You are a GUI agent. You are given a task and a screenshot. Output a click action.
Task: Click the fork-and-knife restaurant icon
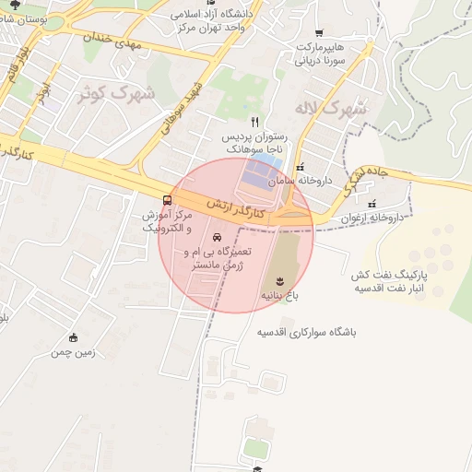(255, 121)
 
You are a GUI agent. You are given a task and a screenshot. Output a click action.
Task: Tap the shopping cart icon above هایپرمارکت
(319, 32)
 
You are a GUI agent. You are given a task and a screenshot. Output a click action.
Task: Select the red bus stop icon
(167, 200)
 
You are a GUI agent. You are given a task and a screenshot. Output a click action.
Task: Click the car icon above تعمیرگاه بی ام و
(218, 237)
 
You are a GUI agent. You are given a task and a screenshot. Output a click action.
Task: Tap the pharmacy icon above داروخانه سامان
(300, 166)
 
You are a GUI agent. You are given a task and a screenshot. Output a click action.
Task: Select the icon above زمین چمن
(74, 337)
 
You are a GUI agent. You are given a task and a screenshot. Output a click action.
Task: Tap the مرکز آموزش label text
(168, 215)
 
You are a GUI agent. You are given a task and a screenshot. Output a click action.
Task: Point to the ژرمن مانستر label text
(205, 265)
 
